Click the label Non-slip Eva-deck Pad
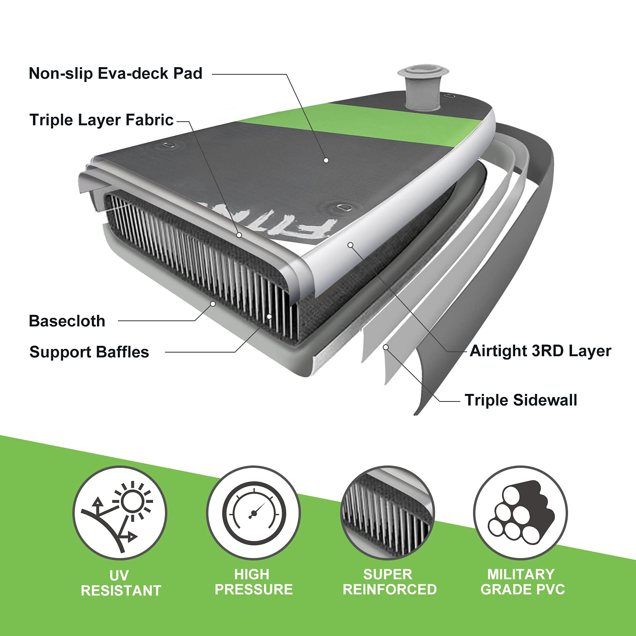tap(116, 74)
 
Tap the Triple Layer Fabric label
tap(102, 120)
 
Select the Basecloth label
tap(67, 321)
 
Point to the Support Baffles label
tap(89, 352)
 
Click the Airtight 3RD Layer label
tap(540, 351)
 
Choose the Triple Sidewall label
tap(521, 400)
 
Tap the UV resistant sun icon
tap(120, 513)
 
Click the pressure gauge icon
tap(254, 513)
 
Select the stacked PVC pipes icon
tap(521, 513)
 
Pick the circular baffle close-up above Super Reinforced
tap(388, 513)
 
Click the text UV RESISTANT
tap(121, 583)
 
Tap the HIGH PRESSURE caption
tap(254, 582)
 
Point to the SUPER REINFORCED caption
tap(390, 582)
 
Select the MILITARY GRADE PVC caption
tap(522, 582)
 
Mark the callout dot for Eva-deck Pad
tap(326, 160)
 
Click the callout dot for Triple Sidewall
tap(386, 347)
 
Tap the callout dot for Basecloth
tap(213, 304)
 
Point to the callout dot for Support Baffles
tap(270, 316)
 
